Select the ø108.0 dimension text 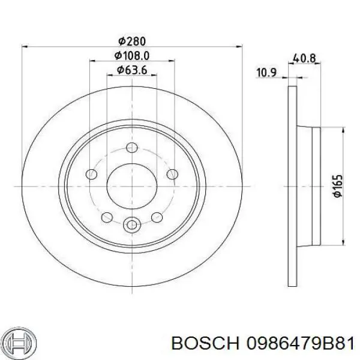132,55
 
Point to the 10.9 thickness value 266,73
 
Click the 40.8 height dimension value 304,58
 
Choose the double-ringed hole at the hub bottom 131,225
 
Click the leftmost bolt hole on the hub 92,174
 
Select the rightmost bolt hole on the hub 172,174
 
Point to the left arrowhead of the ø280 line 25,46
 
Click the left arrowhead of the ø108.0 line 92,61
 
